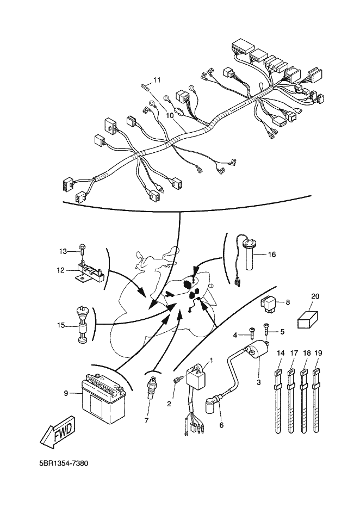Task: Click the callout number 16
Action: click(x=271, y=254)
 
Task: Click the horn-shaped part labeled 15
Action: click(x=83, y=327)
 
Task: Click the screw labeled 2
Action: click(x=176, y=386)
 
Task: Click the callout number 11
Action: click(x=157, y=80)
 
